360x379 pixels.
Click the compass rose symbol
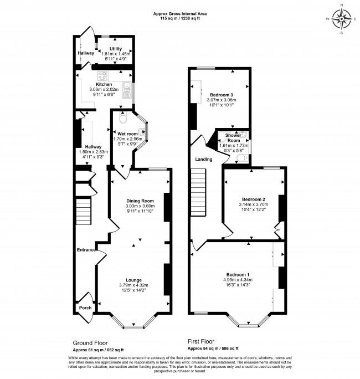click(342, 19)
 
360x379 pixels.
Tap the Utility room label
click(116, 49)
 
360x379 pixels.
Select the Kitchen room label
click(104, 84)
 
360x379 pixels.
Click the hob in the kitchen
click(102, 76)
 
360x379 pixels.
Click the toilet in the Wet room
click(123, 117)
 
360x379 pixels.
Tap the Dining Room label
click(140, 201)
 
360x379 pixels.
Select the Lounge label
click(133, 280)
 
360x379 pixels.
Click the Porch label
click(85, 308)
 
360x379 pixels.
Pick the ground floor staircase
click(84, 212)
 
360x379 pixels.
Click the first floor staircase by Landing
click(198, 192)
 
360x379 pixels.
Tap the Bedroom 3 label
click(222, 95)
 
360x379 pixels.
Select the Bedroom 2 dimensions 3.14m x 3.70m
click(254, 204)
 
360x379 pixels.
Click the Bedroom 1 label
click(238, 275)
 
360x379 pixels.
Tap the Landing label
click(204, 159)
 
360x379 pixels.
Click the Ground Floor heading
click(90, 343)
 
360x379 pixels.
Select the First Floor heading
click(201, 341)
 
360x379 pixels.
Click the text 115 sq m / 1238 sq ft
click(180, 18)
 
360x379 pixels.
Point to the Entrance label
click(86, 250)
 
